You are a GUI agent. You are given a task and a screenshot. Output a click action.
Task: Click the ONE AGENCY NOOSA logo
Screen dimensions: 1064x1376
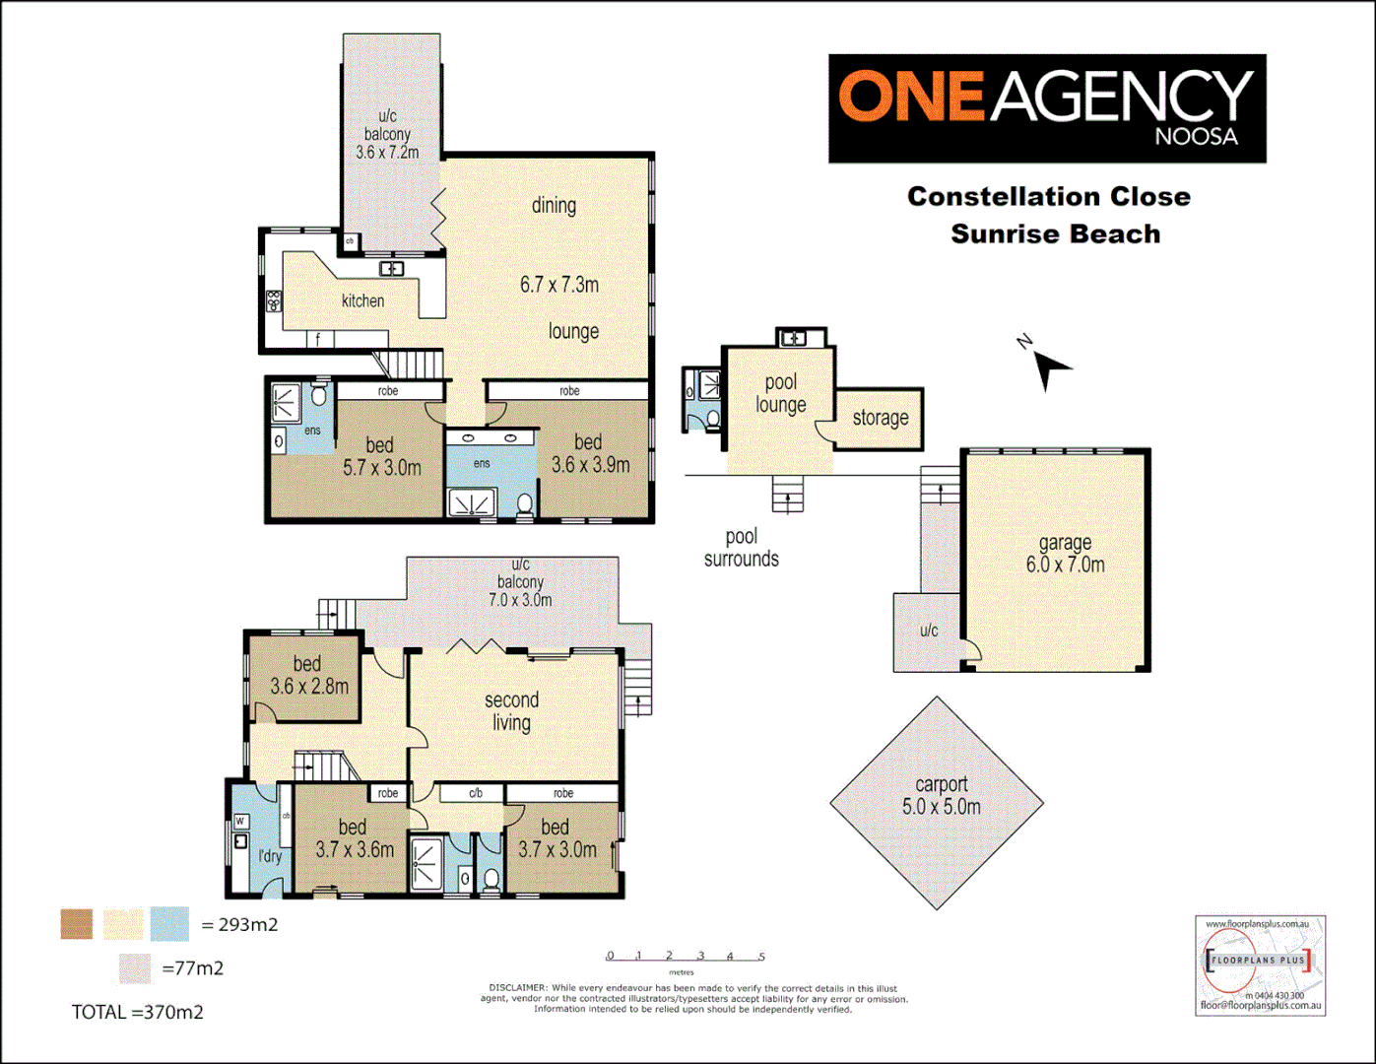pyautogui.click(x=1046, y=108)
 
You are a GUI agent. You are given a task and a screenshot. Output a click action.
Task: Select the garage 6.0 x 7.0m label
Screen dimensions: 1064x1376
pyautogui.click(x=1065, y=554)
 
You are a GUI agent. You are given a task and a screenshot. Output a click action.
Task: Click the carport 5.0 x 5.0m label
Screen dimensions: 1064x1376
pyautogui.click(x=941, y=796)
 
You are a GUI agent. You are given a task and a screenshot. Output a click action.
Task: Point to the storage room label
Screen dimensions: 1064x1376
pyautogui.click(x=880, y=418)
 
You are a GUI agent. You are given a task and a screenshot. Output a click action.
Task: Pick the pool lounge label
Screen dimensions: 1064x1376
pyautogui.click(x=780, y=393)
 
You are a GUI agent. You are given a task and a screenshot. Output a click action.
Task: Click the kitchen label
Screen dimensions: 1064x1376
pyautogui.click(x=362, y=300)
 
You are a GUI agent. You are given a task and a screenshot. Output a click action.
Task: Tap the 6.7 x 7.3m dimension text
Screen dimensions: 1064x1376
pyautogui.click(x=558, y=285)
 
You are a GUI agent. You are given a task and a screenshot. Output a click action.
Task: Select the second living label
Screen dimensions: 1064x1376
pyautogui.click(x=511, y=711)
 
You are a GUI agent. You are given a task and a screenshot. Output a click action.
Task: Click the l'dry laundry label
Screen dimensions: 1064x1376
pyautogui.click(x=270, y=856)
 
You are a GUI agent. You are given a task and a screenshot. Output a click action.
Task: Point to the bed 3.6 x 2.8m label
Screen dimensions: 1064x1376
pyautogui.click(x=308, y=676)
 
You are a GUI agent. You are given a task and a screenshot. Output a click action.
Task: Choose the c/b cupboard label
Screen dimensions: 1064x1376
pyautogui.click(x=475, y=793)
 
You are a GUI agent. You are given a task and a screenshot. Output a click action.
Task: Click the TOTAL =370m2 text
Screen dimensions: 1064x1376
pyautogui.click(x=137, y=1012)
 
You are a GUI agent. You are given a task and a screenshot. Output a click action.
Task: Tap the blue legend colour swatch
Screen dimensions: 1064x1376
pyautogui.click(x=169, y=924)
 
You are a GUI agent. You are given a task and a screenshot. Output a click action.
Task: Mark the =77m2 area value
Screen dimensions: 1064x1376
pyautogui.click(x=193, y=968)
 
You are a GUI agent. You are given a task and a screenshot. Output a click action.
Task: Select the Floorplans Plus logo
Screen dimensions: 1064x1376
pyautogui.click(x=1260, y=964)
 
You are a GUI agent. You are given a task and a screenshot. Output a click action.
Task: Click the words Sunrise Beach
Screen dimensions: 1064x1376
pyautogui.click(x=1055, y=234)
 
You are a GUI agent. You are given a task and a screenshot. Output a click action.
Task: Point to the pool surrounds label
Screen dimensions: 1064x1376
pyautogui.click(x=741, y=548)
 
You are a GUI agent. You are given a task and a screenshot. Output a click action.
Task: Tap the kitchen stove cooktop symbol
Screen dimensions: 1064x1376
pyautogui.click(x=273, y=301)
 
